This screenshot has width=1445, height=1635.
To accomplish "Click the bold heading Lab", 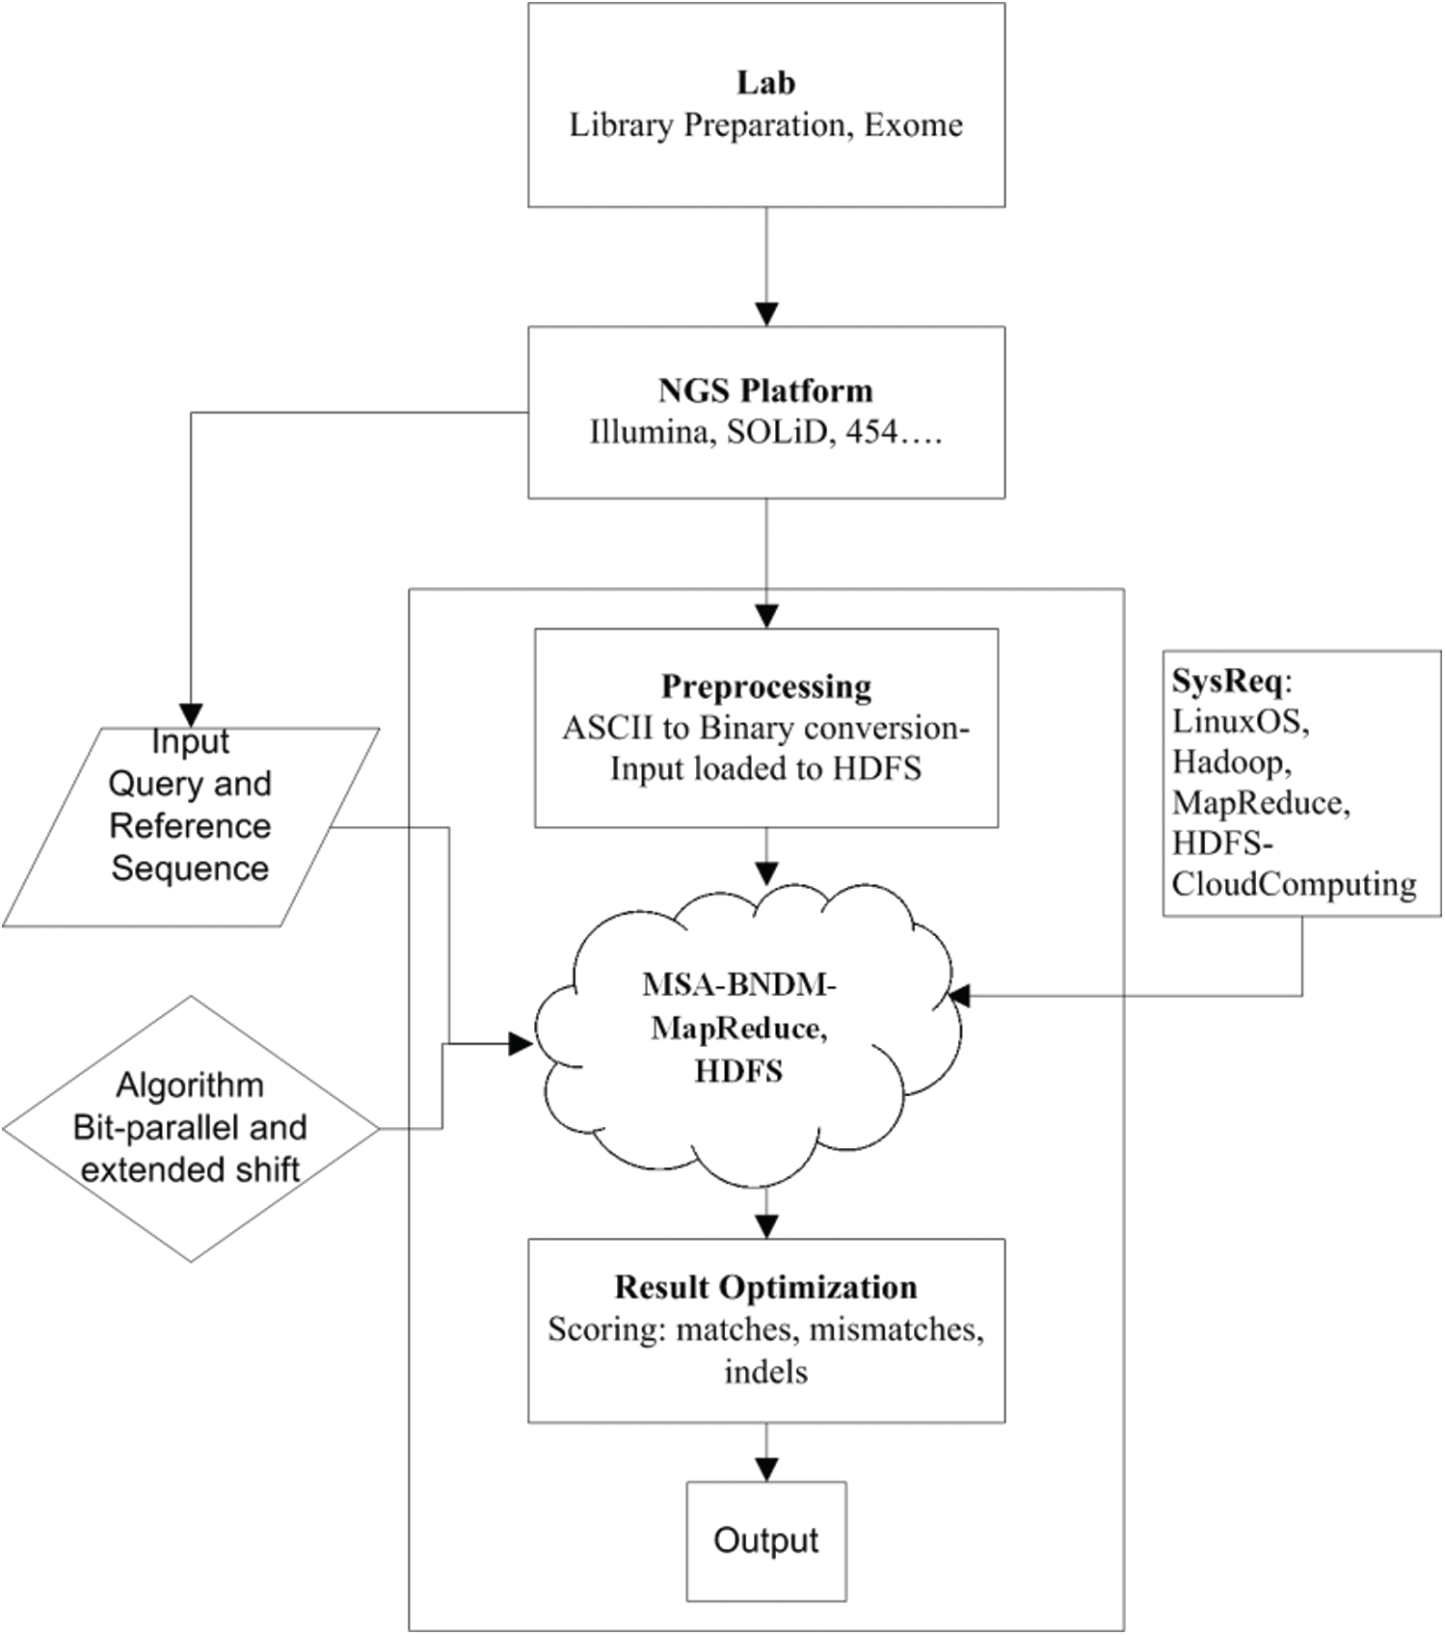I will click(x=765, y=83).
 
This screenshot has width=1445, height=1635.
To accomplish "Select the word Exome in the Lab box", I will click(x=913, y=125).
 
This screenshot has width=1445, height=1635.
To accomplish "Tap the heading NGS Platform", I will click(x=765, y=390).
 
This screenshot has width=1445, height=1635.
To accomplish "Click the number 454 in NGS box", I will click(x=871, y=433).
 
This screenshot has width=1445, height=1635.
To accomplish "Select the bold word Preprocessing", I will click(x=765, y=686).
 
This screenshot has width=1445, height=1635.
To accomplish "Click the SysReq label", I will click(x=1227, y=682).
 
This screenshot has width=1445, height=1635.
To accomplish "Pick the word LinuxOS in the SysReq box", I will click(x=1240, y=721).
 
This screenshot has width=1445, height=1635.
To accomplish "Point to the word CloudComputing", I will click(x=1294, y=884).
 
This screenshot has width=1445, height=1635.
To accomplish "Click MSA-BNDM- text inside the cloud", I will click(x=738, y=985).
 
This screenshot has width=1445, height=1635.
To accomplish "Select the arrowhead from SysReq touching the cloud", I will click(x=959, y=997).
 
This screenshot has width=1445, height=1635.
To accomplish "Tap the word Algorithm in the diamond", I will click(x=190, y=1086).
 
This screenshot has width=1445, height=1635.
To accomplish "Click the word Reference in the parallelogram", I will click(x=190, y=826).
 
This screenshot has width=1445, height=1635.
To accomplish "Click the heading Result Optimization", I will click(x=765, y=1287).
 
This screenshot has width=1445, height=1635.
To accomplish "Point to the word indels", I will click(x=765, y=1372).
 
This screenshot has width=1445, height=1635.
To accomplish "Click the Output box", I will click(x=765, y=1541).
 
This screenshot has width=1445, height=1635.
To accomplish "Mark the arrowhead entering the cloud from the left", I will click(x=522, y=1043).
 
